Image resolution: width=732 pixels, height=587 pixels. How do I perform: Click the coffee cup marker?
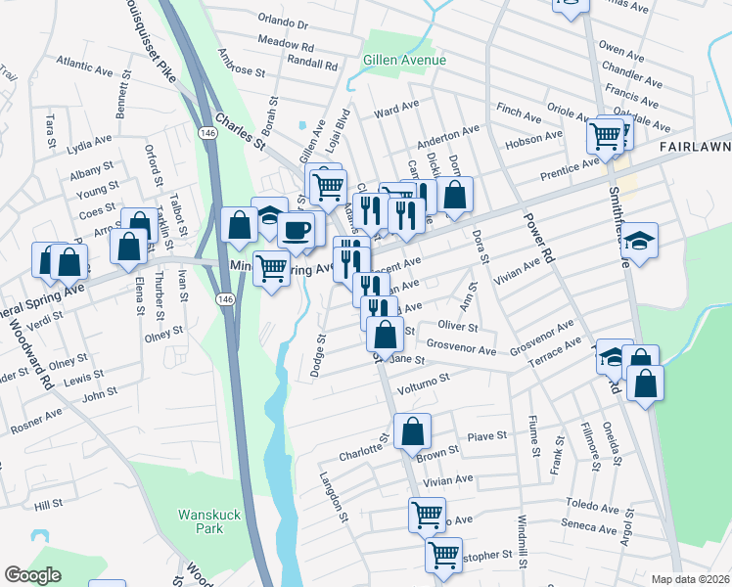pos(297,231)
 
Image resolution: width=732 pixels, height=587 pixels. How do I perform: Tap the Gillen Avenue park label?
pos(404,60)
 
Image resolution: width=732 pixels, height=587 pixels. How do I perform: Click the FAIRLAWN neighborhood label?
pos(694,145)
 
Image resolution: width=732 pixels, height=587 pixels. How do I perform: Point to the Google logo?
pos(32,575)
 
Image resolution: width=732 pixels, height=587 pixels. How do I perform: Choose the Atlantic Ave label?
pos(84,69)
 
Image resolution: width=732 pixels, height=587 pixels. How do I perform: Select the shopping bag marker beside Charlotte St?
pos(412,429)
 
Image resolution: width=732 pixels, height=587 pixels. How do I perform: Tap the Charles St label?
pos(240,130)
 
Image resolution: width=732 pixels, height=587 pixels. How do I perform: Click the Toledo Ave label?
pos(593,510)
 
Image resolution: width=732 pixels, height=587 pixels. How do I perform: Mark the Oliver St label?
pos(457,326)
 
